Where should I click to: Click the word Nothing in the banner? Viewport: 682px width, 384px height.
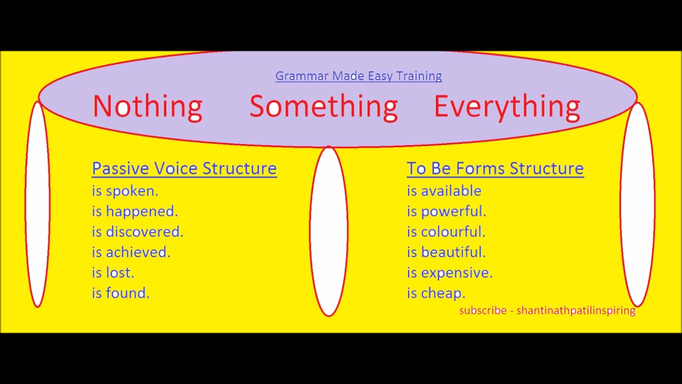(x=147, y=106)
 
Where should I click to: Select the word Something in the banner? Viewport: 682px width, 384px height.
(x=323, y=106)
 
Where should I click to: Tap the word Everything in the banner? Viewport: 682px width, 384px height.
(x=507, y=106)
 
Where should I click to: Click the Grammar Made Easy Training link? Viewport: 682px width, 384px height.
(x=359, y=76)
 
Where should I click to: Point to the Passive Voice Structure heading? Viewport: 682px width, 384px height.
(x=184, y=169)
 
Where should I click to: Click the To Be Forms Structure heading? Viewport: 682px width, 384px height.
(x=495, y=169)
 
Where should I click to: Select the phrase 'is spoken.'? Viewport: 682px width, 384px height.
(x=125, y=191)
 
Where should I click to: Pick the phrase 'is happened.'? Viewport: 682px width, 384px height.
(x=135, y=211)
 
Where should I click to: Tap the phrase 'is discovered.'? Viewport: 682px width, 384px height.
(x=137, y=232)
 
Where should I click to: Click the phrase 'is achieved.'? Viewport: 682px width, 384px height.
(x=131, y=252)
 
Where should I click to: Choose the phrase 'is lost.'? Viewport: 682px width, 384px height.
(x=113, y=273)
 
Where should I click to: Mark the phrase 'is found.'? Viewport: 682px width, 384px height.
(x=120, y=293)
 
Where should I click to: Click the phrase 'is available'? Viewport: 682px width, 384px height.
(x=444, y=191)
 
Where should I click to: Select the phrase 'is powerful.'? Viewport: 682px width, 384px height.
(x=446, y=211)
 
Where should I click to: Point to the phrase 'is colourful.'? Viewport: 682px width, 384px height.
(x=446, y=232)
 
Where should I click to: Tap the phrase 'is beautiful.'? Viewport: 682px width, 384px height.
(x=446, y=252)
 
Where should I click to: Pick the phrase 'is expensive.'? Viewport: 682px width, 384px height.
(x=450, y=273)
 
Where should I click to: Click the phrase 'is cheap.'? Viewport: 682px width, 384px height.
(x=436, y=293)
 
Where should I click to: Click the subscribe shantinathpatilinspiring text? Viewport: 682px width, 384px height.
(x=547, y=310)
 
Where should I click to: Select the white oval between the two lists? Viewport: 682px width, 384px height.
(x=329, y=231)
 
